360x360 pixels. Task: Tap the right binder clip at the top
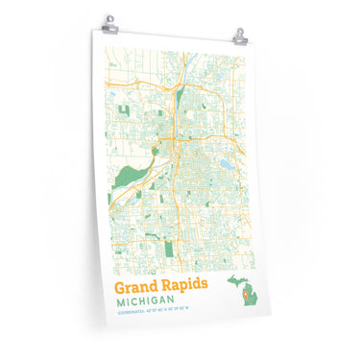click(x=239, y=36)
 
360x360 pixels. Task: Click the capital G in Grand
click(x=121, y=287)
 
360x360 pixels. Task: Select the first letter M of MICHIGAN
click(x=120, y=302)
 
